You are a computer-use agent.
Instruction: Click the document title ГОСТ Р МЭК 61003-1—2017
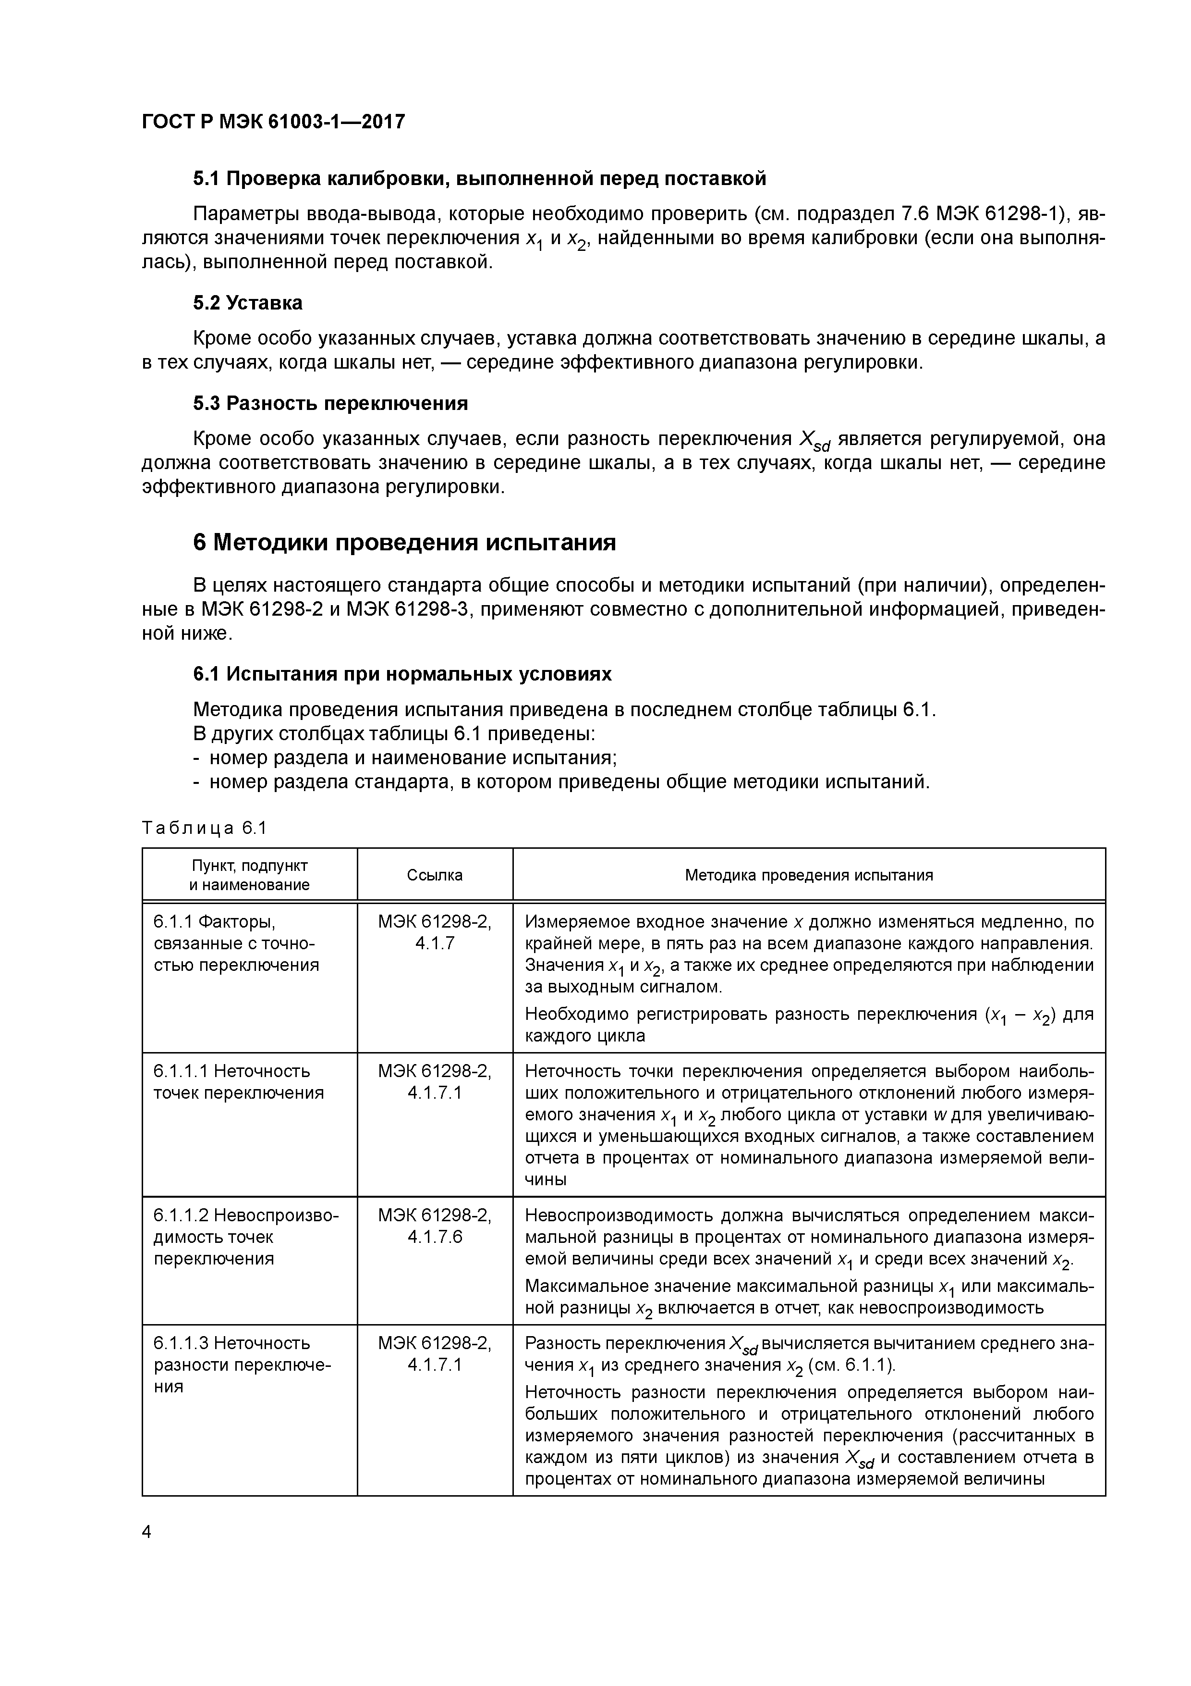(x=273, y=122)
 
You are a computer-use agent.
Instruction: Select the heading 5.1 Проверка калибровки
(x=479, y=178)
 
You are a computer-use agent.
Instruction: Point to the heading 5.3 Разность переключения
(x=330, y=403)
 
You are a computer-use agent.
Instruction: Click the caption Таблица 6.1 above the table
(x=204, y=828)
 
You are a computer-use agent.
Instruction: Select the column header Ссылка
(x=435, y=875)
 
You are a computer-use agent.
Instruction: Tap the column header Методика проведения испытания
(x=809, y=875)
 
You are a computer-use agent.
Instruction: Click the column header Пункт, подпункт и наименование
(x=250, y=875)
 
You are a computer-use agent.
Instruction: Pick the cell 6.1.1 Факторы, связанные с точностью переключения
(x=236, y=943)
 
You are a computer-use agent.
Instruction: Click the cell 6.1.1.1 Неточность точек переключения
(x=239, y=1082)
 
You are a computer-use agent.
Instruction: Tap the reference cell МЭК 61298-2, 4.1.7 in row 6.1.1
(x=435, y=932)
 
